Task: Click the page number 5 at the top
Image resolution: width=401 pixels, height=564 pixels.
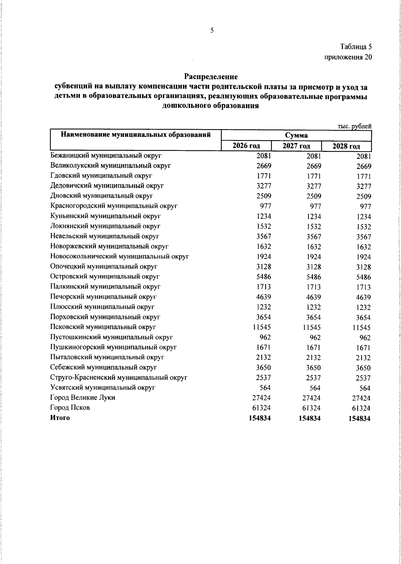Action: click(212, 31)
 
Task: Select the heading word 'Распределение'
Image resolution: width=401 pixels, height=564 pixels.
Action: click(211, 77)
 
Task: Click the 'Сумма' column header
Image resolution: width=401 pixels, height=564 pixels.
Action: click(296, 135)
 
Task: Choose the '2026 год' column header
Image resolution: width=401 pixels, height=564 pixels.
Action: click(246, 146)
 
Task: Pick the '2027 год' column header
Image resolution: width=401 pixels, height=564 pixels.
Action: click(296, 146)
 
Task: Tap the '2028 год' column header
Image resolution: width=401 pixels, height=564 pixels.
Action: click(346, 147)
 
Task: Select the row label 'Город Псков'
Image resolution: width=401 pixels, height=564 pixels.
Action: click(70, 408)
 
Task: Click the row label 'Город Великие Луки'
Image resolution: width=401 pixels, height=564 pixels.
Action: click(83, 398)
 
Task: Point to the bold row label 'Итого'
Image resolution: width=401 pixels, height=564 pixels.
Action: click(60, 418)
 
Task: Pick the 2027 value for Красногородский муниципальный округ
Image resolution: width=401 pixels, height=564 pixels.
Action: click(314, 206)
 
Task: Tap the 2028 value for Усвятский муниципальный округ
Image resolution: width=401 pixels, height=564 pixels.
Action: click(365, 388)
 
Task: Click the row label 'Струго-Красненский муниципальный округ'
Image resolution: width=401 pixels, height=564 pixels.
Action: click(119, 378)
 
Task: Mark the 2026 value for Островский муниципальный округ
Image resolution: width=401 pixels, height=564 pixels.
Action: click(263, 277)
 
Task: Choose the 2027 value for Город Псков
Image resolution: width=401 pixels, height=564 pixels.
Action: click(311, 408)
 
